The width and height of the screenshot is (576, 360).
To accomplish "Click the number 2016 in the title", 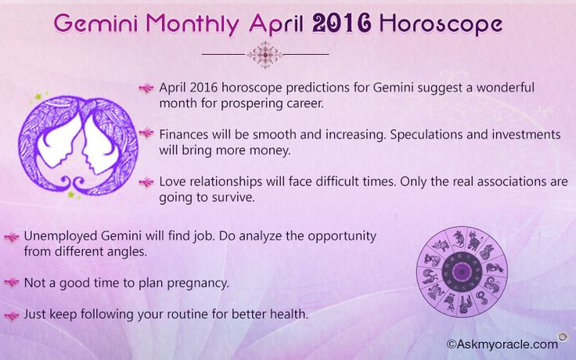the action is click(341, 23).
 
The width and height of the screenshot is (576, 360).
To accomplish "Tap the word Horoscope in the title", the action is click(441, 25).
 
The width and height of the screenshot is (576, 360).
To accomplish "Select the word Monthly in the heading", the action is click(193, 25).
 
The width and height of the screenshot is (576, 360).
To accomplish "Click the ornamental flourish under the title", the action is click(265, 55).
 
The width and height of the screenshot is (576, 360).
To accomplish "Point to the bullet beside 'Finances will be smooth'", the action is click(146, 132).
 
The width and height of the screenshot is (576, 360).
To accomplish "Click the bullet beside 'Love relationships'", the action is click(146, 182).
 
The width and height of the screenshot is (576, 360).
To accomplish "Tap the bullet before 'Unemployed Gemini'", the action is click(12, 237).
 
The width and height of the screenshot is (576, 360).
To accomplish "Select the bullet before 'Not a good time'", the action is click(12, 283).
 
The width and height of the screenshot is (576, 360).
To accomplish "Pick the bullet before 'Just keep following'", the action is click(12, 315).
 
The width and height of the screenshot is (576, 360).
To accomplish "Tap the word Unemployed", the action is click(60, 236).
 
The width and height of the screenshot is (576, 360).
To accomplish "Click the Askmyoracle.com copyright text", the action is click(502, 344).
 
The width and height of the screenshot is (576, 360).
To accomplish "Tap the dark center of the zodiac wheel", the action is click(462, 272).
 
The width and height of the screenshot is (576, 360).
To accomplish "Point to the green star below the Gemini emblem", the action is click(72, 194).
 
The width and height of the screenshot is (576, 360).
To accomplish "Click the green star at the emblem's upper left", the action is click(39, 96).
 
